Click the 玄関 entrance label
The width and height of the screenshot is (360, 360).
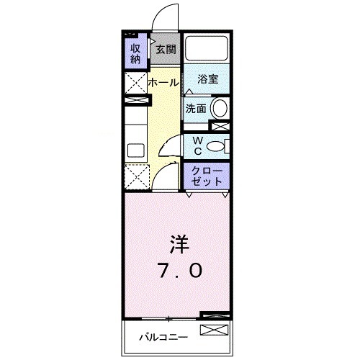click(x=166, y=50)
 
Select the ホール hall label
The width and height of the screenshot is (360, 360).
click(x=163, y=83)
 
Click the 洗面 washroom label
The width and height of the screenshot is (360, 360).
click(x=196, y=109)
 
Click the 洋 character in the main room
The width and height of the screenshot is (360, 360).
click(x=180, y=243)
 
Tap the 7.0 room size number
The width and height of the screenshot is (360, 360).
click(x=180, y=271)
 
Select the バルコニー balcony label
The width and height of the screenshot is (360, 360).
click(x=163, y=336)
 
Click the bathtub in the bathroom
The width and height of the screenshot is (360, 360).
click(x=206, y=50)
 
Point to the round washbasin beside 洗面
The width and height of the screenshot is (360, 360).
click(x=220, y=109)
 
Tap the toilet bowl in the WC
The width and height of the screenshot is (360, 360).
click(x=216, y=147)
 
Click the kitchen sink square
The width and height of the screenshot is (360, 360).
click(x=135, y=150)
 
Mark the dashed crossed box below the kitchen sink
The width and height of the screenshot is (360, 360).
click(x=135, y=175)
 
